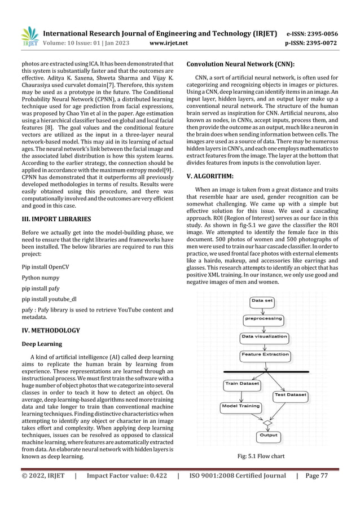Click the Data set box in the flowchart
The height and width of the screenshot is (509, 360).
point(262,301)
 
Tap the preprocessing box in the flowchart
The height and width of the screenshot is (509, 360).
point(262,318)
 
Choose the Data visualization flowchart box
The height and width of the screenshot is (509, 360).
point(265,337)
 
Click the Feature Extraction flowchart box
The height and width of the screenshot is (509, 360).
point(265,355)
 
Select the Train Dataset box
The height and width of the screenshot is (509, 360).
point(242,384)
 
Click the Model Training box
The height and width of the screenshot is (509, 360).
point(241,406)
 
